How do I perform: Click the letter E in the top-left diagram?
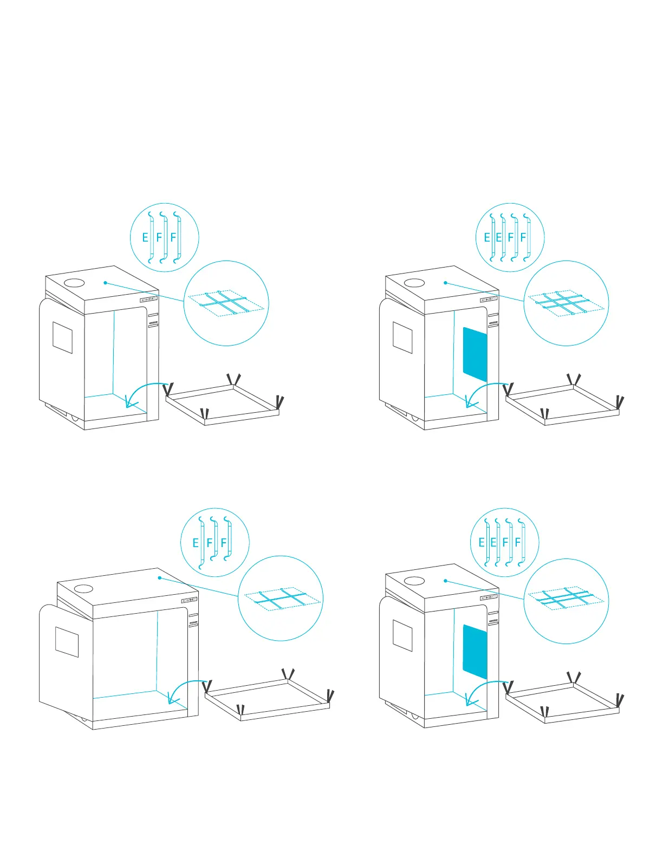click(145, 238)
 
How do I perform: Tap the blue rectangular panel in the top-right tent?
click(475, 354)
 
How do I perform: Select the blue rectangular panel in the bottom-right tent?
click(475, 652)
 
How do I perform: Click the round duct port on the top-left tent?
click(74, 283)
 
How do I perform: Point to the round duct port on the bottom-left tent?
click(83, 589)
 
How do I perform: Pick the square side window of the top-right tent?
click(402, 338)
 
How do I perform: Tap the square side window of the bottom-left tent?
click(67, 642)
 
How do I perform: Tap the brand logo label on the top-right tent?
click(488, 300)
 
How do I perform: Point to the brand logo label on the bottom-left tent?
click(189, 600)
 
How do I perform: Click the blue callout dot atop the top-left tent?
click(105, 283)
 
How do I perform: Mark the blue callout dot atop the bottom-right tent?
click(445, 581)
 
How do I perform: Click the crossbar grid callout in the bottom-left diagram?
click(281, 598)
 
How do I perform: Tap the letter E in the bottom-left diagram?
click(196, 543)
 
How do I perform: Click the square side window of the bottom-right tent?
click(402, 636)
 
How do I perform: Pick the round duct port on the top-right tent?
click(414, 283)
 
